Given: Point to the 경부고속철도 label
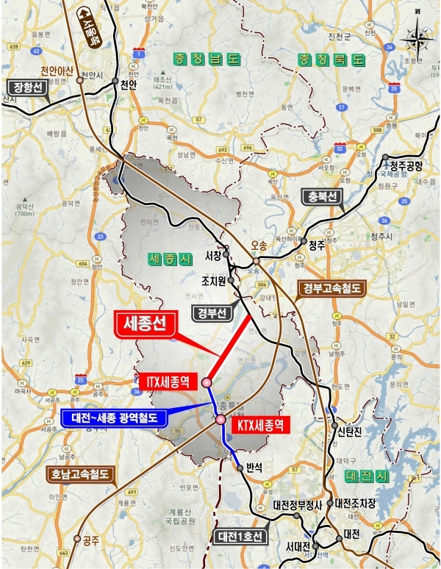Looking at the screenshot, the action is [331, 289].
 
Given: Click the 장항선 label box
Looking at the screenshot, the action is [25, 85].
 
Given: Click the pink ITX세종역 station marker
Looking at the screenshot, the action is [207, 382].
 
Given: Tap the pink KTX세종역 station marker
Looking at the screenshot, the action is [220, 419].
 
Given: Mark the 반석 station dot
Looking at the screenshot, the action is [240, 467].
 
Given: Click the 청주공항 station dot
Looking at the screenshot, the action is [386, 157].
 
